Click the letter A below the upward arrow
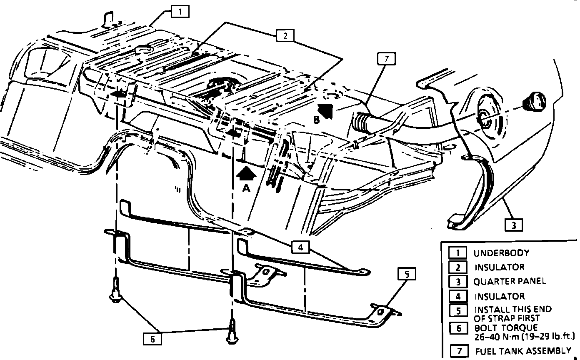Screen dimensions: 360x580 246,189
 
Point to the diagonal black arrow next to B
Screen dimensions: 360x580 326,110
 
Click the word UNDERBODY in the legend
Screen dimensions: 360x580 501,253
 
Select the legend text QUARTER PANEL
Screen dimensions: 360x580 510,281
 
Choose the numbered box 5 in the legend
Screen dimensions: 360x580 458,310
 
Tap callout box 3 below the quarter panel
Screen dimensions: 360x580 514,225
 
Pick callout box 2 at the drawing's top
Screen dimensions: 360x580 286,36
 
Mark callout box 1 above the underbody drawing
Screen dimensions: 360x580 180,12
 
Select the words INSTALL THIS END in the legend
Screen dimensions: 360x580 513,310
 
